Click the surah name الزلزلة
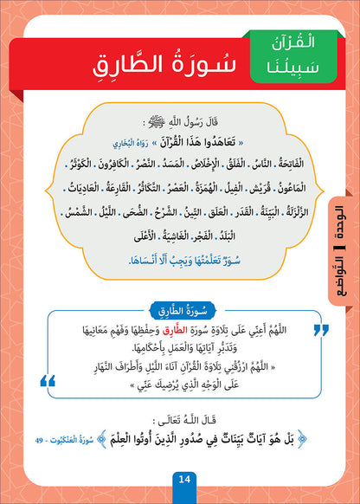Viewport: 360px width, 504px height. pos(299,208)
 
